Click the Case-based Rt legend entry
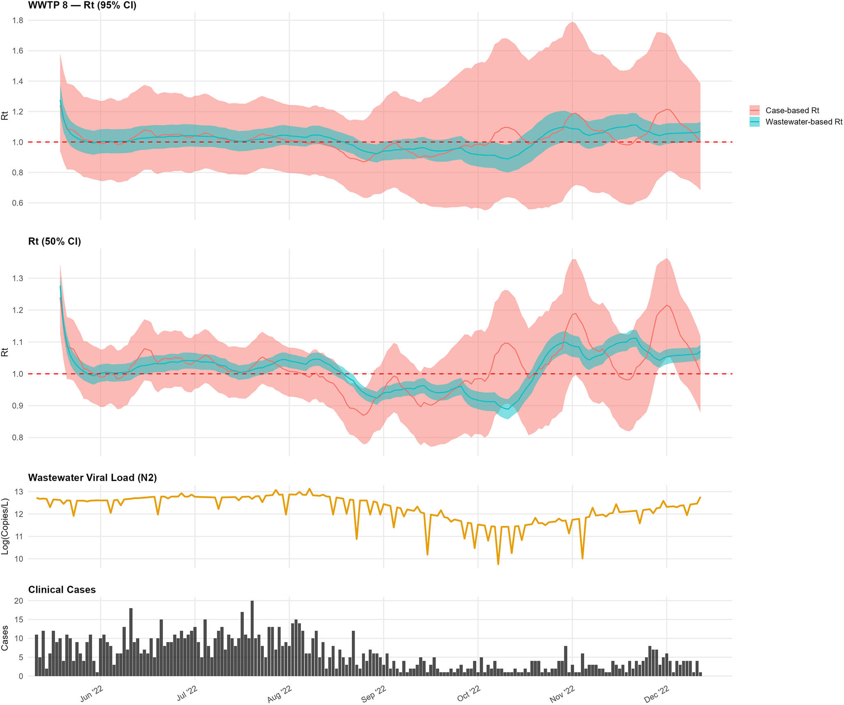(x=784, y=110)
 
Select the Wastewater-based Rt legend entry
(x=796, y=122)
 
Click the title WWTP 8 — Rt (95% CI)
(x=83, y=5)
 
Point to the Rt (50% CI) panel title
(x=55, y=241)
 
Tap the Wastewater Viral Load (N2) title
(x=92, y=477)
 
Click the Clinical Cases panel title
(x=62, y=590)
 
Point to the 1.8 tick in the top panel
(x=18, y=21)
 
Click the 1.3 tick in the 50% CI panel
(x=18, y=278)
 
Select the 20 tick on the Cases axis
(x=18, y=601)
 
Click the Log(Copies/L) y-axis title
(x=5, y=526)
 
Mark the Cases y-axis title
(x=5, y=638)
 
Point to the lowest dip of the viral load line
(x=498, y=564)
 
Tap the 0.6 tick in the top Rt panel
(x=18, y=203)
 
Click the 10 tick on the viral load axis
(x=19, y=559)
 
